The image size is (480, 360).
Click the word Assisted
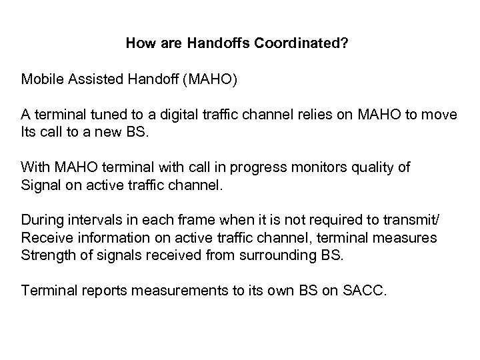click(90, 80)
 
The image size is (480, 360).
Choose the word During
click(41, 219)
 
